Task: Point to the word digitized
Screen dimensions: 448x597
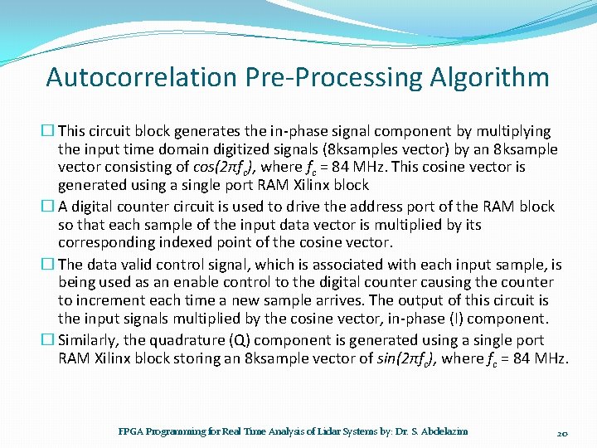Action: click(x=210, y=149)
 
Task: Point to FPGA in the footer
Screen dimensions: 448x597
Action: click(x=129, y=431)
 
